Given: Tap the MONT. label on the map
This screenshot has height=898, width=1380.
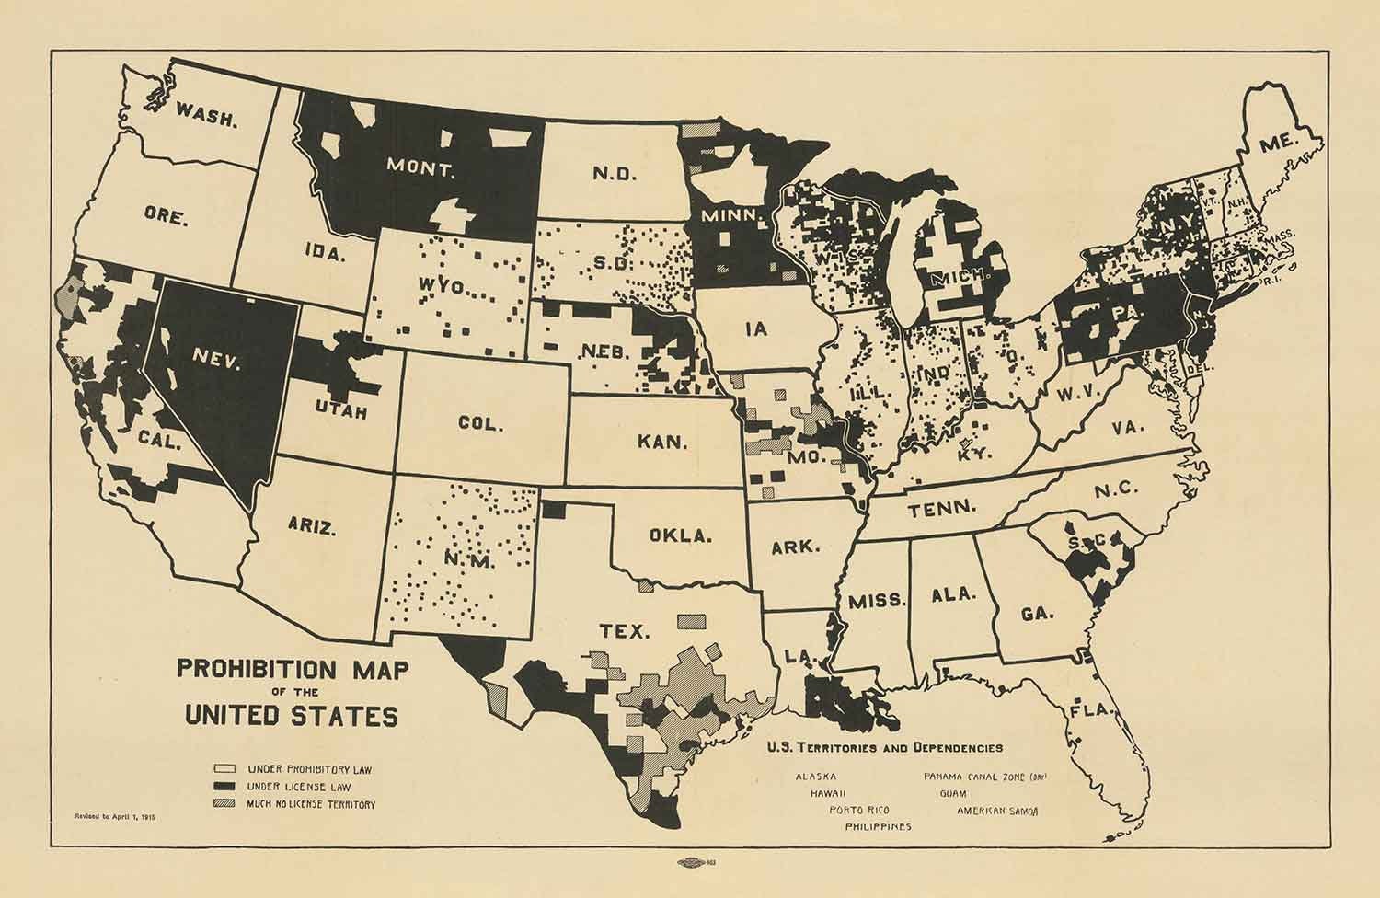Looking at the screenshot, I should (420, 169).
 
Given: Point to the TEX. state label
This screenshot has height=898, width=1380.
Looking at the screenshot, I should (625, 631).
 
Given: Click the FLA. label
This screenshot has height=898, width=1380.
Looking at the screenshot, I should (1091, 711).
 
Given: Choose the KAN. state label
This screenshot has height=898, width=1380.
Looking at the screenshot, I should (661, 442).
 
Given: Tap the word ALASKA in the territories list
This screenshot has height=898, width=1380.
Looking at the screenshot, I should (816, 776).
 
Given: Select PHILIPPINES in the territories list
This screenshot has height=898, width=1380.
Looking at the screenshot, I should (878, 826).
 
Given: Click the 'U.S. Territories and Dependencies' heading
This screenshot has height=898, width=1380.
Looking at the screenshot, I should (884, 748).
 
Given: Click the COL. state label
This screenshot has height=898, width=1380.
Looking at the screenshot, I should (480, 424).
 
